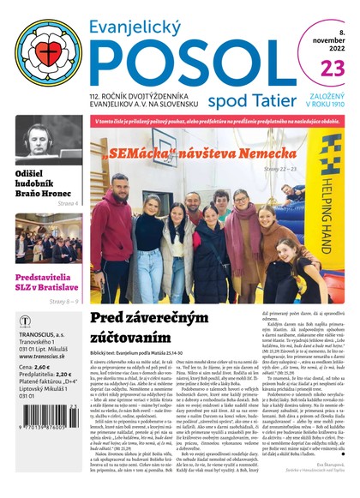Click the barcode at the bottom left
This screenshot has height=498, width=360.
point(43,458)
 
